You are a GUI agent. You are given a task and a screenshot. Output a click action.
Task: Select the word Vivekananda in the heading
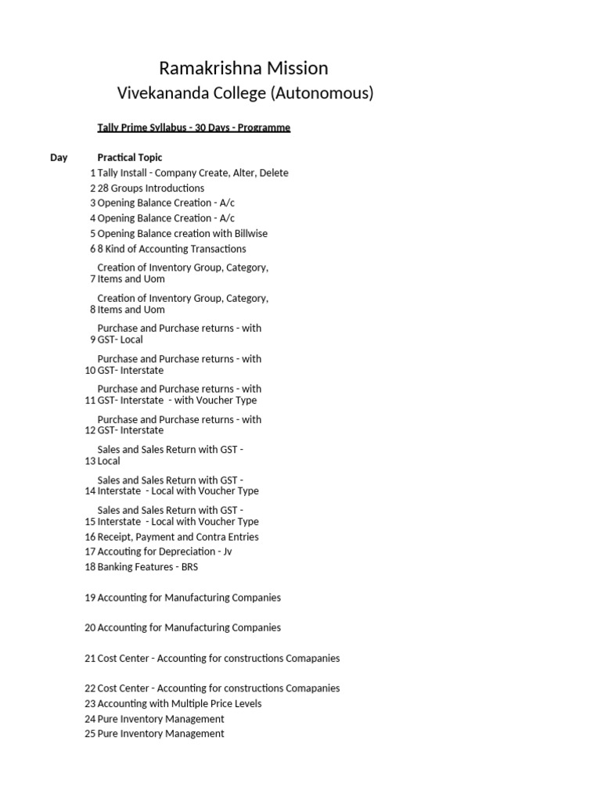click(163, 94)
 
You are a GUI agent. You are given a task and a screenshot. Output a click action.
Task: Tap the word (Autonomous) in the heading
click(322, 94)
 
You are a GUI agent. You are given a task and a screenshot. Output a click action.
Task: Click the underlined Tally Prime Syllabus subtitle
click(193, 128)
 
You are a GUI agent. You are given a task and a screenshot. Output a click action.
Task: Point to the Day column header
click(59, 157)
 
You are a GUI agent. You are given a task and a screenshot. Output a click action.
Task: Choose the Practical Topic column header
click(130, 157)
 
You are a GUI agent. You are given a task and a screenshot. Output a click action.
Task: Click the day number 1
click(92, 173)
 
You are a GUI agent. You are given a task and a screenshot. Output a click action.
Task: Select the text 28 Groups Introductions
click(151, 188)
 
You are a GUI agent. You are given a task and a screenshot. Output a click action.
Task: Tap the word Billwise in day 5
click(228, 233)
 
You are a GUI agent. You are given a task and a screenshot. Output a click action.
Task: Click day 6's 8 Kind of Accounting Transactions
click(171, 249)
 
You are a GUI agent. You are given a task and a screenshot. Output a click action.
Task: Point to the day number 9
click(92, 339)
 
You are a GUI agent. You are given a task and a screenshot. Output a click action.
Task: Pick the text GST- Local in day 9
click(120, 339)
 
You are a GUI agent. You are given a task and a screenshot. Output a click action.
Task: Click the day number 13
click(89, 461)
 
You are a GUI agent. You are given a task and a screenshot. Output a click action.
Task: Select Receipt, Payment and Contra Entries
click(178, 537)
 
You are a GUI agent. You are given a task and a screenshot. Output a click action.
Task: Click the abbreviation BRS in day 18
click(189, 567)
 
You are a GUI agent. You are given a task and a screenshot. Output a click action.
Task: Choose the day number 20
click(89, 627)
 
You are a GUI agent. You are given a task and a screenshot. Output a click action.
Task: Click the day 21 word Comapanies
click(310, 658)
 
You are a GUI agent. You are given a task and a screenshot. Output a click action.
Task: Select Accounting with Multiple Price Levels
click(179, 703)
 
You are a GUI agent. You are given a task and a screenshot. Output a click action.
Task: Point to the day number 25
click(89, 734)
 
